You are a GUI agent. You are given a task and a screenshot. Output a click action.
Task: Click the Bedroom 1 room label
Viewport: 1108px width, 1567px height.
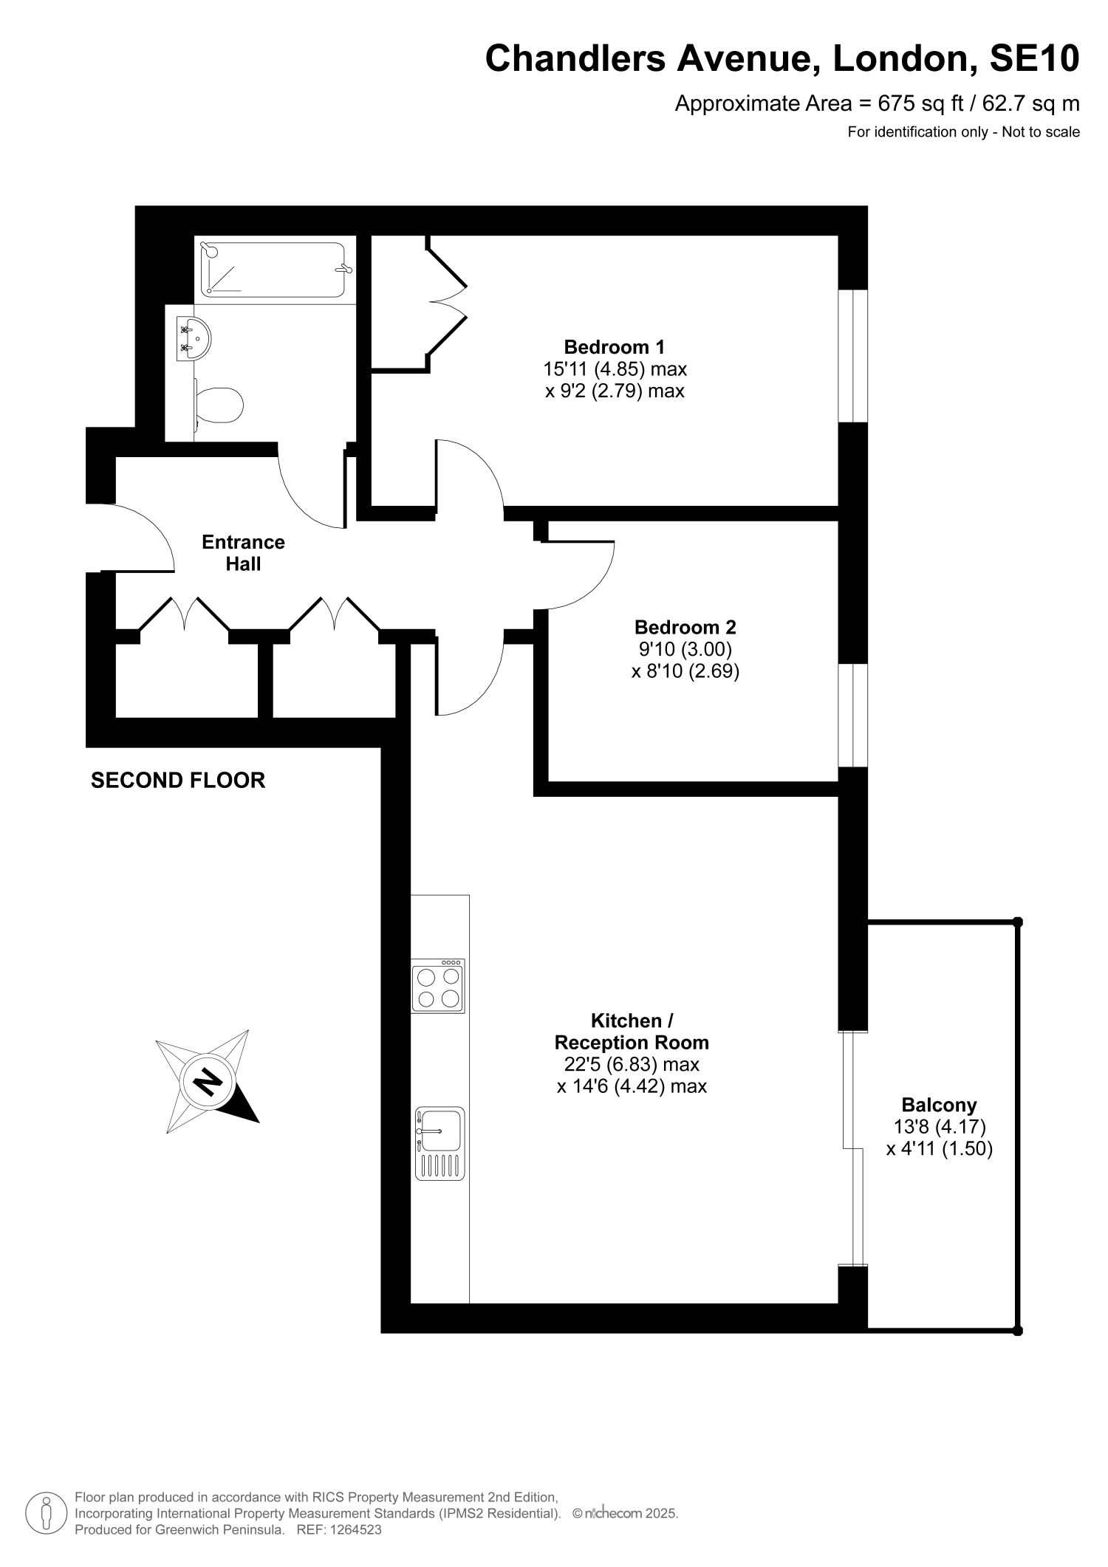614,346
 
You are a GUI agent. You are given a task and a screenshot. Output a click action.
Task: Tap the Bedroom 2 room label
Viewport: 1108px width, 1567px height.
685,627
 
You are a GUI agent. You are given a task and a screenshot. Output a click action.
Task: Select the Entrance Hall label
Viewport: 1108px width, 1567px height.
243,552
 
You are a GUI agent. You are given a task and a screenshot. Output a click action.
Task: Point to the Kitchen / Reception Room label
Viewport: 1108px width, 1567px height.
632,1032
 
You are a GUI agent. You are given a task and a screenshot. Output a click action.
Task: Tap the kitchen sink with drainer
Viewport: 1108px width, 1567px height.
440,1143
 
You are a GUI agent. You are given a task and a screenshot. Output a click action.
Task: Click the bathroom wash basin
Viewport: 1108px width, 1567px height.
194,339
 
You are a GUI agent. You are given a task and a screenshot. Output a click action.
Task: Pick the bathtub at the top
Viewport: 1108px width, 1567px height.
274,270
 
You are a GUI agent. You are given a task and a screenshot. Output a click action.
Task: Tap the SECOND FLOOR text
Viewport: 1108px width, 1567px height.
178,781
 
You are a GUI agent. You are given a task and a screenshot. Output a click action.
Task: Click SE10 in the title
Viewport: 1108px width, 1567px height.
1034,58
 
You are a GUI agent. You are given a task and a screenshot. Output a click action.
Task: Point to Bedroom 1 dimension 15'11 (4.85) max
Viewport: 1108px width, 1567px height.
615,368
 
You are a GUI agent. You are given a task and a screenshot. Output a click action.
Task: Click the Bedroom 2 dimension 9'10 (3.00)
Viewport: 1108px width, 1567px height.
685,649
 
